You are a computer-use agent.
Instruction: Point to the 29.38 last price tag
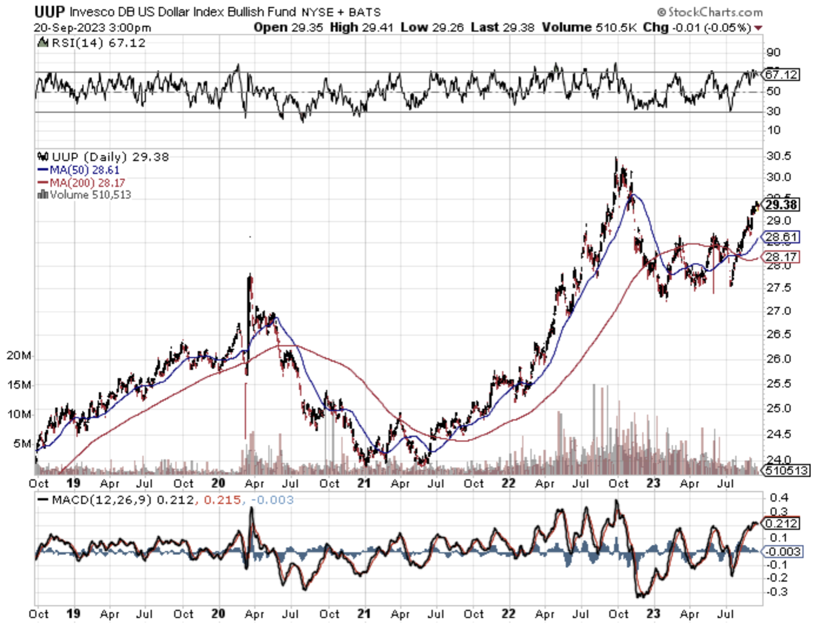(x=781, y=205)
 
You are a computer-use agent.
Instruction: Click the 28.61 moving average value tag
(x=781, y=237)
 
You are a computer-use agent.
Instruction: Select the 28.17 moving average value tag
(x=781, y=257)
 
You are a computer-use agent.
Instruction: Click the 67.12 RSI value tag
(x=781, y=75)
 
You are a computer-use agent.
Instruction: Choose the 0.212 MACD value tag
(x=781, y=523)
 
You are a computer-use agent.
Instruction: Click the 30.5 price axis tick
(x=779, y=156)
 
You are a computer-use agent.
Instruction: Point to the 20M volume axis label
(x=19, y=356)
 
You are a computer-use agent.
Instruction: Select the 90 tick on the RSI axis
(x=773, y=52)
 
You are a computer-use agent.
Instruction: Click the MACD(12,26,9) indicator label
(x=102, y=500)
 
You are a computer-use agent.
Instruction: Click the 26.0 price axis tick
(x=779, y=359)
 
